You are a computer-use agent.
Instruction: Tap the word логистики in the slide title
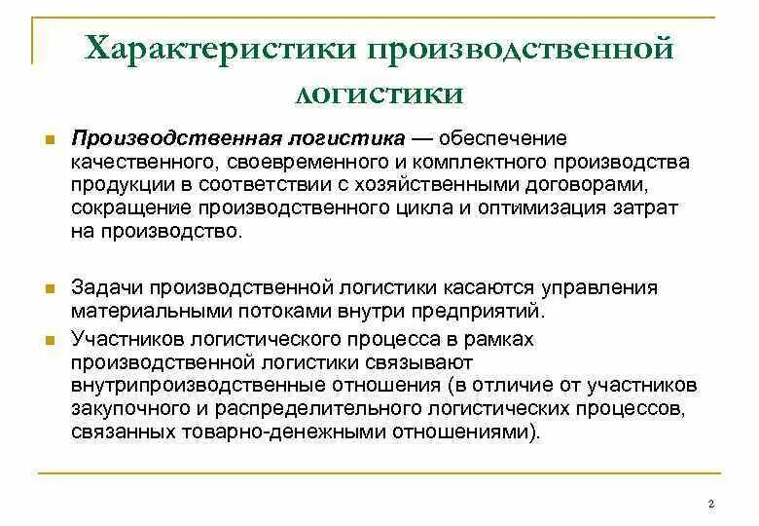[x=379, y=94]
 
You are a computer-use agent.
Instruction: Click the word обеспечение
[x=509, y=138]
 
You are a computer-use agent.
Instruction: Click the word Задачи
[x=103, y=288]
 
